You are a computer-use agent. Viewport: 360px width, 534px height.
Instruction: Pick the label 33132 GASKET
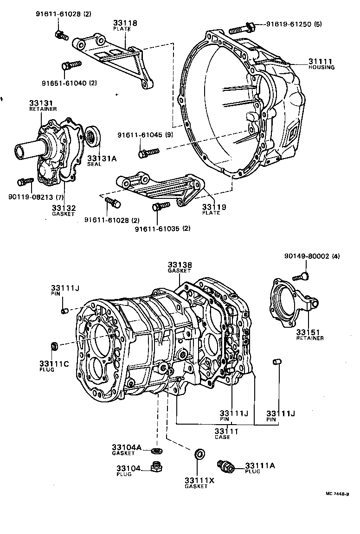[64, 211]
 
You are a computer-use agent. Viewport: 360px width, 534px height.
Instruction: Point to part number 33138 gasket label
[180, 265]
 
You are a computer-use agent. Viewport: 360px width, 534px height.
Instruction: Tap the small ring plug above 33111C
[54, 345]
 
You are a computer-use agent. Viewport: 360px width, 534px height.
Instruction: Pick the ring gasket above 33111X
[199, 453]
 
